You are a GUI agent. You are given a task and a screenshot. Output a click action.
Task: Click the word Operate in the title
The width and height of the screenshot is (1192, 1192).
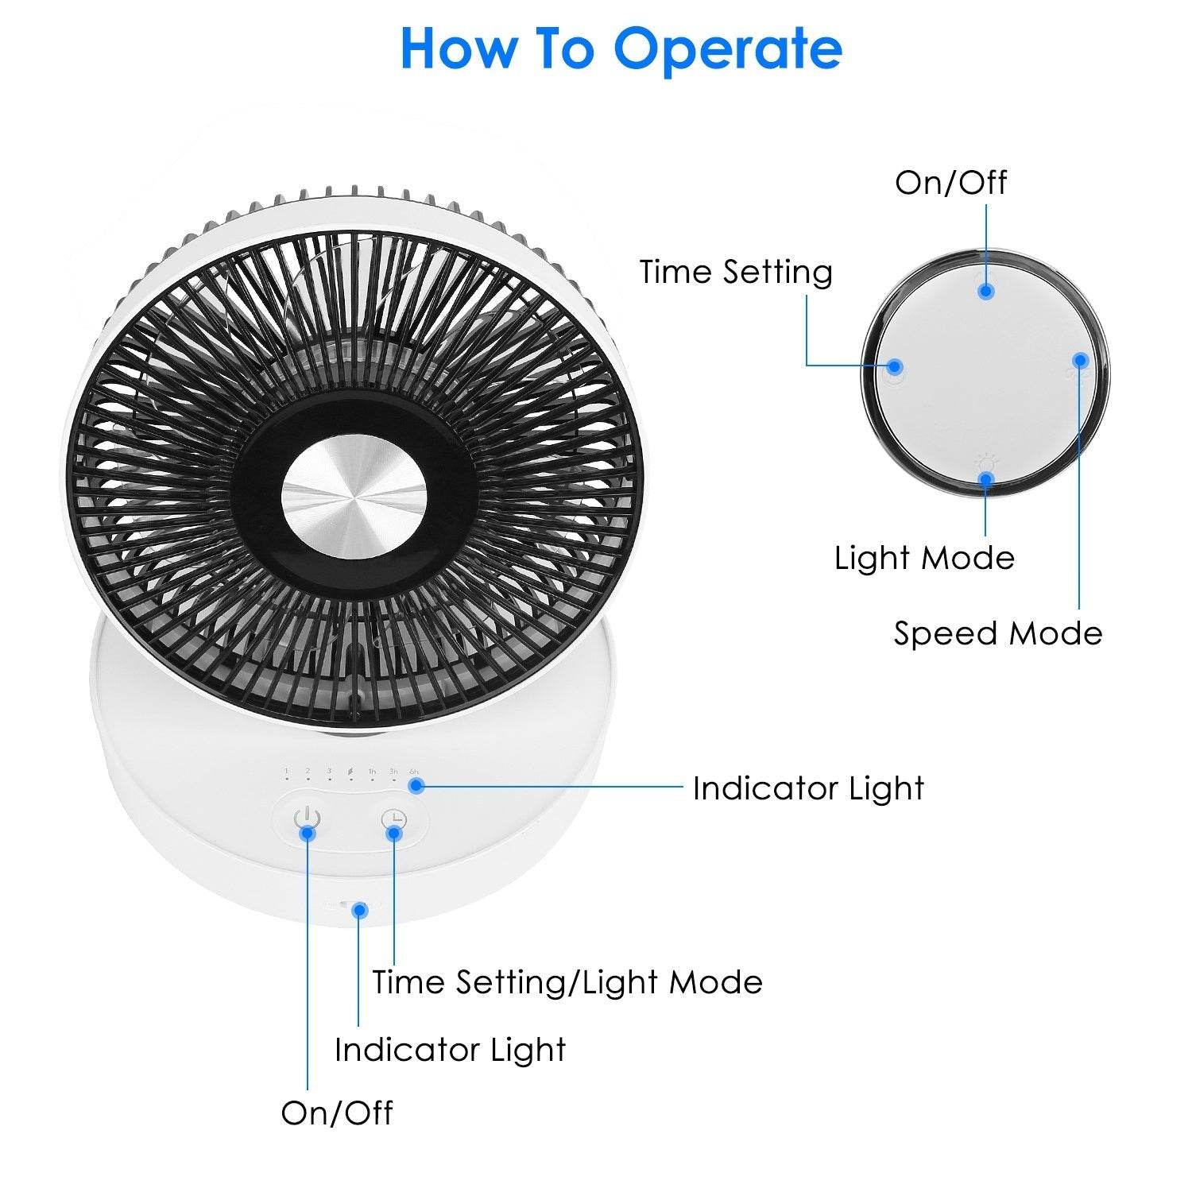tap(727, 49)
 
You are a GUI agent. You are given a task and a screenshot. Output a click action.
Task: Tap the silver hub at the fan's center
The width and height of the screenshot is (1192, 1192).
tap(354, 498)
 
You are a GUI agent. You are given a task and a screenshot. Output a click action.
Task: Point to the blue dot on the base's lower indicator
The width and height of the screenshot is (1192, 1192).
tap(360, 908)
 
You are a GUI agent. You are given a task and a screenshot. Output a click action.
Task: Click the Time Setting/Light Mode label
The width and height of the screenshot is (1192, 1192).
tap(567, 982)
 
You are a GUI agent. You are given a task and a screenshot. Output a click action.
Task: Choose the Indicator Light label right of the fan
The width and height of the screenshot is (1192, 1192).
tap(808, 788)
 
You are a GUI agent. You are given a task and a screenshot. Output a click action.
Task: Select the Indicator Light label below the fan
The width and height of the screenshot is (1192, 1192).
tap(450, 1050)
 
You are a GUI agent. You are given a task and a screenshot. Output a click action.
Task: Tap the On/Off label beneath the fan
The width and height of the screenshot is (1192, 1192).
tap(336, 1113)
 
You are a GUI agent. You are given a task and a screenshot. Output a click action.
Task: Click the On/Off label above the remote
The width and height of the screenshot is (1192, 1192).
tap(950, 183)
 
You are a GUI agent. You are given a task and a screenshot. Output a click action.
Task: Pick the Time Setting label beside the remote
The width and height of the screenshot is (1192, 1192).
tap(736, 272)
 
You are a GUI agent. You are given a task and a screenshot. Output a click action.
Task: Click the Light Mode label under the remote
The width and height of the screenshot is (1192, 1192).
tap(924, 558)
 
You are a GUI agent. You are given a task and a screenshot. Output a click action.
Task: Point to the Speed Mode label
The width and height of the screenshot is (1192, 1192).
tap(998, 633)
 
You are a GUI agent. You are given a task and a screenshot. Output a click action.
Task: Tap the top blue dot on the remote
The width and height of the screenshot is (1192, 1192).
tap(985, 291)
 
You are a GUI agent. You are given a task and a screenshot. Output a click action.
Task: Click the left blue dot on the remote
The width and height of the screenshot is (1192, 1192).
tap(895, 366)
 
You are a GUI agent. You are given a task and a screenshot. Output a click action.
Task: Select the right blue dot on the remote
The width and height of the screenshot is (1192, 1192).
tap(1080, 360)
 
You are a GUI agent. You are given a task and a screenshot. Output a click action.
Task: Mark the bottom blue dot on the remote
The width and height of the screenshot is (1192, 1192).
tap(986, 479)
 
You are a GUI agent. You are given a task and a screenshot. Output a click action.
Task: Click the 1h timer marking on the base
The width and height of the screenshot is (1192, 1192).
tap(372, 771)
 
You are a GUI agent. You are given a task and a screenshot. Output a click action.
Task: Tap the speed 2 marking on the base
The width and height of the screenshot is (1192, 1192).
tap(308, 771)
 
